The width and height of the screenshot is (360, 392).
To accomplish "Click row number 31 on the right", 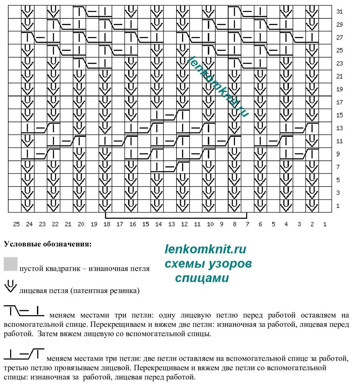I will click(x=340, y=12).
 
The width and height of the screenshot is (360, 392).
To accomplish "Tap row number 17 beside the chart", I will click(x=340, y=102).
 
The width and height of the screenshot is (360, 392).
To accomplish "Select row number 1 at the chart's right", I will click(x=338, y=206).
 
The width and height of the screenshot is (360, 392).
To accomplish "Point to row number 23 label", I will click(x=340, y=63).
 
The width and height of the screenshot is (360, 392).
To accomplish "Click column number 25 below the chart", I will click(x=17, y=224).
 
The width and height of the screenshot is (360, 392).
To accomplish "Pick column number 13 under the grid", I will click(x=172, y=224).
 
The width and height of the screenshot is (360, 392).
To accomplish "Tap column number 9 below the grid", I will click(x=221, y=224).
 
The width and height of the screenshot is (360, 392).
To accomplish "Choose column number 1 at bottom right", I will click(x=325, y=224).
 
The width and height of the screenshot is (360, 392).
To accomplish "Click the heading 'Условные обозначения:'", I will click(x=47, y=244).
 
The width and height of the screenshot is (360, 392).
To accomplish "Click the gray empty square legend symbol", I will click(x=11, y=264).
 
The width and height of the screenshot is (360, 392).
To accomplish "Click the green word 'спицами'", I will click(x=202, y=278).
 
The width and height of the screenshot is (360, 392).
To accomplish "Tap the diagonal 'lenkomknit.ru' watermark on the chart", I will click(x=218, y=87).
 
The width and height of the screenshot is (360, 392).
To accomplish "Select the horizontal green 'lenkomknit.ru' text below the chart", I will click(x=205, y=249).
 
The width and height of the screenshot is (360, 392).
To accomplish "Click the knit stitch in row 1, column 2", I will click(x=312, y=206).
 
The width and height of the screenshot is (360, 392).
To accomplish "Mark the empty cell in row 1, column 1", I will click(x=325, y=206).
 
